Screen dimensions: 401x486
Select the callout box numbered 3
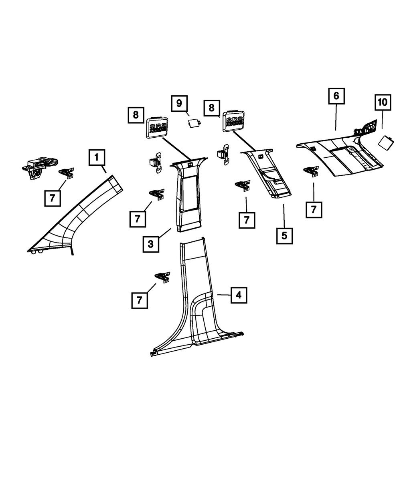[150, 244]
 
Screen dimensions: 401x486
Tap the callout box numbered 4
[239, 295]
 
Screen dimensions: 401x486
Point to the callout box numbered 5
[284, 235]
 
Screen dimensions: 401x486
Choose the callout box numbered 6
[336, 96]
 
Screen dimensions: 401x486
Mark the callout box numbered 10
[382, 102]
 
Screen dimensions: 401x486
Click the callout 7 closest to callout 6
[314, 209]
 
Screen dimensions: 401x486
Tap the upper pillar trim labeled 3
[188, 192]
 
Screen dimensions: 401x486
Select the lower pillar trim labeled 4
[196, 304]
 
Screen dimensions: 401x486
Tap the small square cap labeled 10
[386, 142]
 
